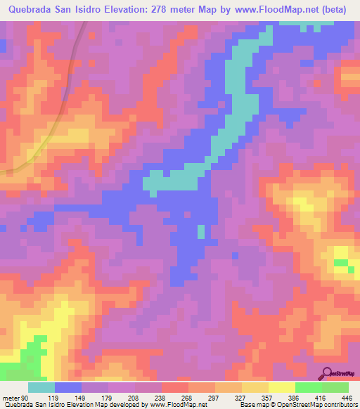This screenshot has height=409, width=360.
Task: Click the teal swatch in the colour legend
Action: pyautogui.click(x=41, y=387)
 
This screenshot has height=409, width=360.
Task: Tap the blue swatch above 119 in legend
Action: pyautogui.click(x=68, y=387)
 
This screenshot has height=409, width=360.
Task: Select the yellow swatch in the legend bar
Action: pyautogui.click(x=281, y=387)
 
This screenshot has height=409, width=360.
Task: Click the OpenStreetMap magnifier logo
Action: pyautogui.click(x=326, y=372)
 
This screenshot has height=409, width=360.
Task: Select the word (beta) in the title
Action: pyautogui.click(x=341, y=9)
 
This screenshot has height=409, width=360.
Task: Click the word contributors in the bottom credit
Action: pyautogui.click(x=339, y=405)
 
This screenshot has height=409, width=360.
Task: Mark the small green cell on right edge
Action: pyautogui.click(x=341, y=263)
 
